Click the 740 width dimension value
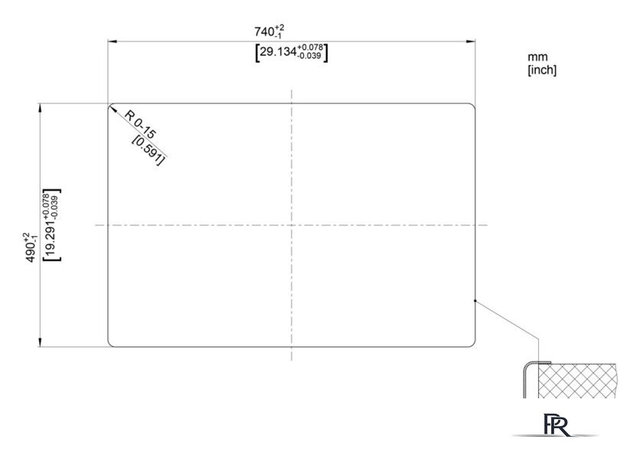(x=269, y=31)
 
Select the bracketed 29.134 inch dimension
(x=292, y=53)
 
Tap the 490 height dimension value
(x=31, y=247)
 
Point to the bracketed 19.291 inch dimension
(x=52, y=225)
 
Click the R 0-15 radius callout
(x=140, y=124)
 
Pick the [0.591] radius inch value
(x=149, y=150)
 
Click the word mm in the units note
(x=537, y=57)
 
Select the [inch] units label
(x=542, y=70)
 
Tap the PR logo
(x=556, y=425)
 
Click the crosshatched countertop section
(x=576, y=381)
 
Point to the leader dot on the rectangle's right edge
(x=475, y=300)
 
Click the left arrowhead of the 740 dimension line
(x=113, y=41)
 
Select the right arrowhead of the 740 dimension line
(x=471, y=41)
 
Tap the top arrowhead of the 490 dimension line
(x=40, y=108)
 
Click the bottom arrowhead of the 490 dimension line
(x=40, y=342)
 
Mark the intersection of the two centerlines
(x=292, y=225)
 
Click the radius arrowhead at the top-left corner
(x=113, y=108)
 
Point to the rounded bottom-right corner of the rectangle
(x=473, y=345)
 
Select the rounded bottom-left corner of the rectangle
(x=109, y=345)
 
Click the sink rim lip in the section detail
(x=538, y=362)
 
